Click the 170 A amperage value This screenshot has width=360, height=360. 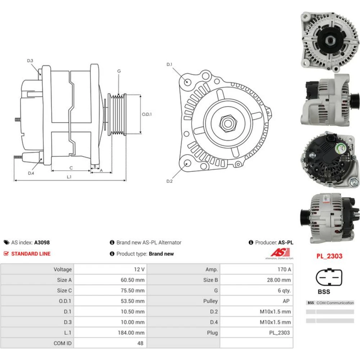(x=284, y=269)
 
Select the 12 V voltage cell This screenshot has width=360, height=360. (x=139, y=269)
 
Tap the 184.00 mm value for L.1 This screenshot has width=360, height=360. (x=131, y=333)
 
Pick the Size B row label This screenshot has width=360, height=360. (x=210, y=280)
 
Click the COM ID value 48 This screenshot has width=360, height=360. (x=140, y=343)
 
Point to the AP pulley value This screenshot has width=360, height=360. (x=286, y=301)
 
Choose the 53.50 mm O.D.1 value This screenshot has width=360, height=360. (x=133, y=301)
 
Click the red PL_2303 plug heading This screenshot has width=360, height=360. (x=329, y=256)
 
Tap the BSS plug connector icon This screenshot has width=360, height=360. (x=329, y=277)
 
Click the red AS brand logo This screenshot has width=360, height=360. (x=280, y=253)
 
